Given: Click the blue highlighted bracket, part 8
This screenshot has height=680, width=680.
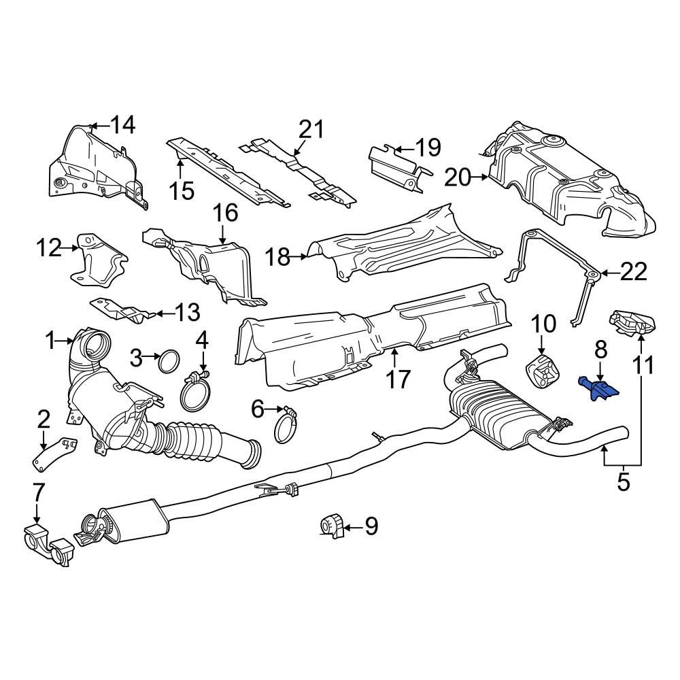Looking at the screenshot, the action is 599,388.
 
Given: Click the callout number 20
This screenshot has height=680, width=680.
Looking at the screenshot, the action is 457,177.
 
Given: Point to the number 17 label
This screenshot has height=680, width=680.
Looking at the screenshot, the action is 397,379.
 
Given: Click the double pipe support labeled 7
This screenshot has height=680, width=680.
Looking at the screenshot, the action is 48,545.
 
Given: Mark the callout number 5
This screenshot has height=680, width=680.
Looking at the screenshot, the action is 623,482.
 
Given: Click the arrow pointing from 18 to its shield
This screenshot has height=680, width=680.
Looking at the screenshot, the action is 299,257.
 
